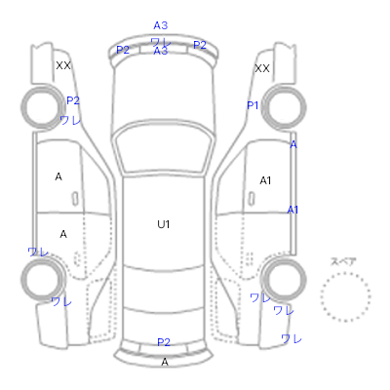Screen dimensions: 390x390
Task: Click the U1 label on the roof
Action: pyautogui.click(x=164, y=224)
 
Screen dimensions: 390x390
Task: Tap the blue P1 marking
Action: pyautogui.click(x=253, y=105)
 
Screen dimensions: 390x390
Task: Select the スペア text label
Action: pyautogui.click(x=343, y=261)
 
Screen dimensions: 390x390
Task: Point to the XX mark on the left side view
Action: pyautogui.click(x=63, y=65)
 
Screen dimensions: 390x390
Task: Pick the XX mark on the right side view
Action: pyautogui.click(x=262, y=68)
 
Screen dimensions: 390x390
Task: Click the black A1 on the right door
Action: pyautogui.click(x=265, y=180)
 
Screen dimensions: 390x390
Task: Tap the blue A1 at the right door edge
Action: pyautogui.click(x=292, y=210)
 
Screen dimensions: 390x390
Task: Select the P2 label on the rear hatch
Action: pyautogui.click(x=164, y=342)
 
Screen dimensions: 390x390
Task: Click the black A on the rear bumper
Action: pyautogui.click(x=165, y=362)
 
